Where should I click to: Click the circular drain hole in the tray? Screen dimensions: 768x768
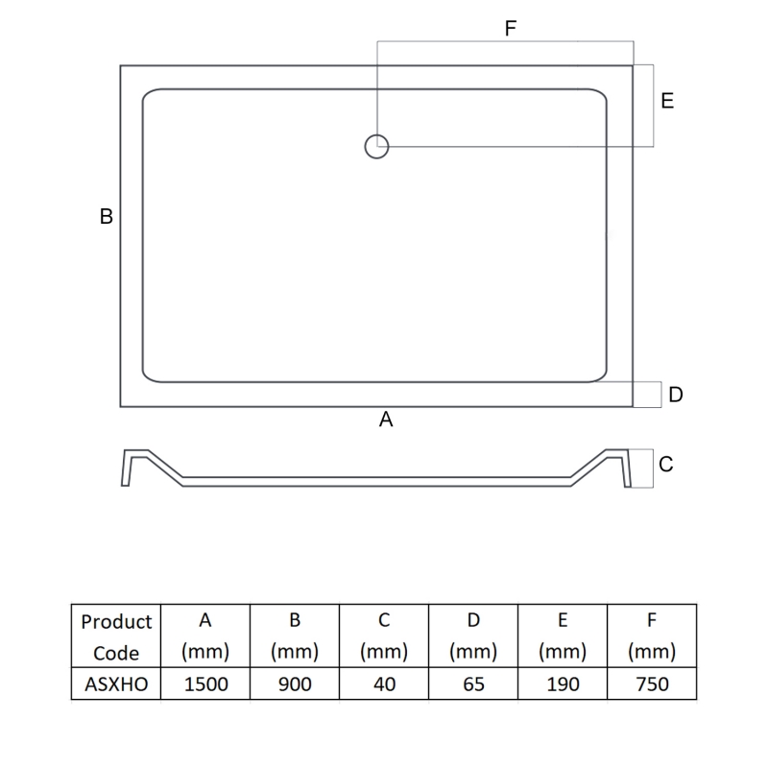(x=376, y=146)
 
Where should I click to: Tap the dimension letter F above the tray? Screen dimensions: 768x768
(x=511, y=29)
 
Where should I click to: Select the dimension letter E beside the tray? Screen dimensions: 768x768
(x=667, y=101)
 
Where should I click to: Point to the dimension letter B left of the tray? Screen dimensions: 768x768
(x=107, y=217)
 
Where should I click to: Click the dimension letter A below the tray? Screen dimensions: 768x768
(x=387, y=420)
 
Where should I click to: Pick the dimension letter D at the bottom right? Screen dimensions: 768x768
(x=675, y=395)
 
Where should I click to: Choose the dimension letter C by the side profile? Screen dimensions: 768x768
(x=666, y=465)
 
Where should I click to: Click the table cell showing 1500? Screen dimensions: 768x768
(x=204, y=684)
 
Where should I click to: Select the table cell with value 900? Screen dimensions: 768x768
(x=294, y=684)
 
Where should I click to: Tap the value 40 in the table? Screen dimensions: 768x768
(x=383, y=684)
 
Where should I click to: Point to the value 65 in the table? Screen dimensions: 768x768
(x=472, y=684)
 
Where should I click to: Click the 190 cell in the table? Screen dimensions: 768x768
(x=562, y=684)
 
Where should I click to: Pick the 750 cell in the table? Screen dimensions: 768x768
(x=651, y=684)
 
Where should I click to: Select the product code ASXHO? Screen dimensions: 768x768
(x=116, y=684)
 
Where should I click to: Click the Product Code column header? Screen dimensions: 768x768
(x=116, y=636)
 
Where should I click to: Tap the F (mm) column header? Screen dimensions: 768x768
(x=651, y=636)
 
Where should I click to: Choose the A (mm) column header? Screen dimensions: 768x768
(x=204, y=636)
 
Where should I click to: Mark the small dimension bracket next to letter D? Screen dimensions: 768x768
(x=648, y=395)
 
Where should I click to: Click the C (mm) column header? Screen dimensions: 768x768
(x=383, y=636)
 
